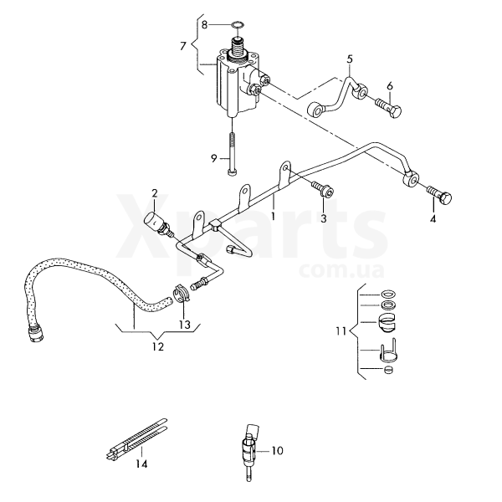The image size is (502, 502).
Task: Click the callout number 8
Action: point(204,24)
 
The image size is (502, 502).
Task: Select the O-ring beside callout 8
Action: point(237,24)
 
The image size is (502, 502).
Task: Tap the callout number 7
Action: point(182,46)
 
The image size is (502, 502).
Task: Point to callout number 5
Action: point(350,59)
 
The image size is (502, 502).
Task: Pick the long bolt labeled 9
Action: point(231,154)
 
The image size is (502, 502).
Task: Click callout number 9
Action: point(214,158)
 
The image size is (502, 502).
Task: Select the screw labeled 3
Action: point(322,188)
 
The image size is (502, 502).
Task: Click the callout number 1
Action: point(273,217)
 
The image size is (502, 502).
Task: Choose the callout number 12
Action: point(158,346)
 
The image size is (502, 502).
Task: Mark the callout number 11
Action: point(341,330)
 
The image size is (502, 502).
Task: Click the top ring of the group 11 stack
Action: point(387,294)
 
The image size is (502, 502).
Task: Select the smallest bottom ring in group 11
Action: point(388,370)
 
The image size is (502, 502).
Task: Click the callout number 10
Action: point(277,451)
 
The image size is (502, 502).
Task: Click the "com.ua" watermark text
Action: point(341,270)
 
